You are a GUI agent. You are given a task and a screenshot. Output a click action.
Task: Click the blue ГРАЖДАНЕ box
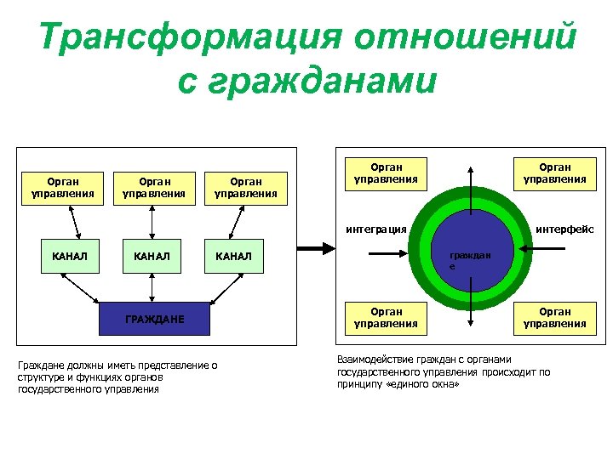(154, 319)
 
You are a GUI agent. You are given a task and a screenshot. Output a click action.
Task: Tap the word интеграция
(375, 229)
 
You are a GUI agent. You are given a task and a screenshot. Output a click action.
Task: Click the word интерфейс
(564, 229)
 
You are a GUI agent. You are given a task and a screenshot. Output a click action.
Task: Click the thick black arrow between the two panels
(313, 249)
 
